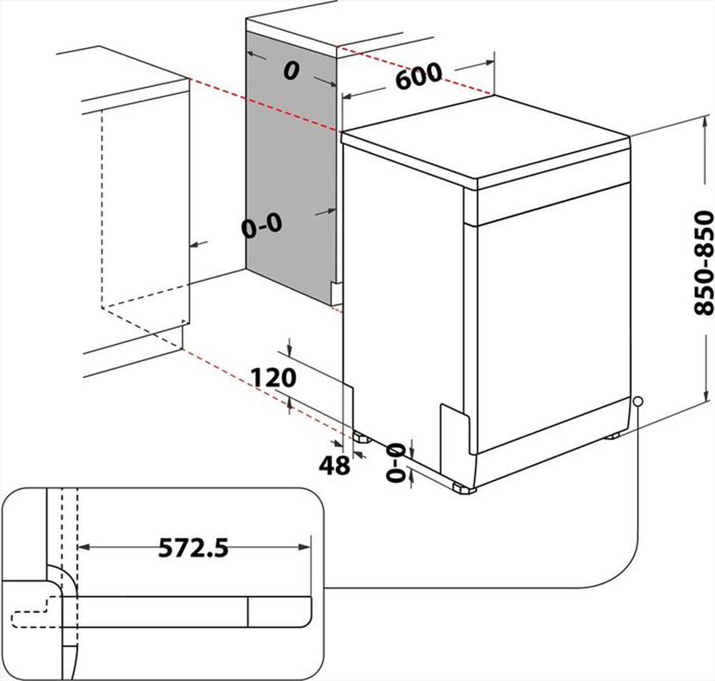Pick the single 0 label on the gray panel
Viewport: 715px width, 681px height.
tap(290, 71)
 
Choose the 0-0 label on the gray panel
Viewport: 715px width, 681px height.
tap(262, 227)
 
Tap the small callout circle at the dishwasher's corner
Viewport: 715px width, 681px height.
tap(637, 402)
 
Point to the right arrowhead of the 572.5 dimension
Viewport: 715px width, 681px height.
tap(308, 547)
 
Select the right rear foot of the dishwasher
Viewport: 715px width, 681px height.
tap(613, 435)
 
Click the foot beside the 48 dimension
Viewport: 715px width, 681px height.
tap(357, 435)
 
